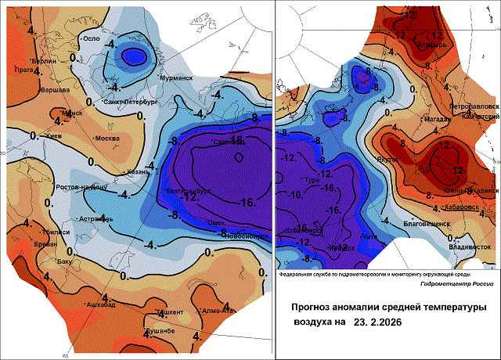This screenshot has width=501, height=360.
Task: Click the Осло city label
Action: [x=95, y=38]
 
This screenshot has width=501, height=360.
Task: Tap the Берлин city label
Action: [x=45, y=61]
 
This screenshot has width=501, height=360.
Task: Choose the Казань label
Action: [x=138, y=171]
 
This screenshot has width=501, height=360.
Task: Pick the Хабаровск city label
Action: [x=460, y=207]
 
